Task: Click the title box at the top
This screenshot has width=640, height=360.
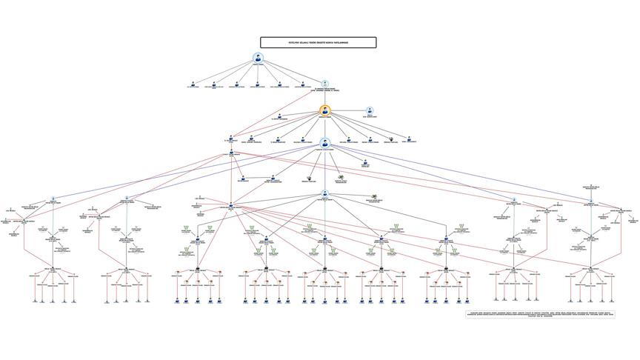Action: point(318,43)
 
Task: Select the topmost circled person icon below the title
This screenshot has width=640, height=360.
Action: point(258,59)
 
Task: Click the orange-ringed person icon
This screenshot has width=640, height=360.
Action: point(324,111)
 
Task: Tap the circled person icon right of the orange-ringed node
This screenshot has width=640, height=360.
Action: point(370,111)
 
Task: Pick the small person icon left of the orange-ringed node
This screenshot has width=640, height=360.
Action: point(279,115)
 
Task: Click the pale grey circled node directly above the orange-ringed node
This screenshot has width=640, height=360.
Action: point(324,84)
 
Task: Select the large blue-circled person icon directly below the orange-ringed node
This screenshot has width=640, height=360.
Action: point(324,142)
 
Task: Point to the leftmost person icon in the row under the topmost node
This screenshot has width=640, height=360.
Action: point(193,84)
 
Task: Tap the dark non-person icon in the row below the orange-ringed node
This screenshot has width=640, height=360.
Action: point(391,138)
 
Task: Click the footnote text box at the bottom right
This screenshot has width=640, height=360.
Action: point(539,315)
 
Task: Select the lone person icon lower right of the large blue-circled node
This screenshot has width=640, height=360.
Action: point(365,163)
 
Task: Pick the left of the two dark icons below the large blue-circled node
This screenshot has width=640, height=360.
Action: point(312,177)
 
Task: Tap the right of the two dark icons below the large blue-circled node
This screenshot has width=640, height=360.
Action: point(341,177)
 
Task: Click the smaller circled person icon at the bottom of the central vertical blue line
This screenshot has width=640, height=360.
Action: point(324,194)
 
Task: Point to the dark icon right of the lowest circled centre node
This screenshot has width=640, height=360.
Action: point(374,196)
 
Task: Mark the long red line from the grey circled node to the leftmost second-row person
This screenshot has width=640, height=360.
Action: point(278,111)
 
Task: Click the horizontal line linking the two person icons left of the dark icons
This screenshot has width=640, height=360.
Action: point(257,179)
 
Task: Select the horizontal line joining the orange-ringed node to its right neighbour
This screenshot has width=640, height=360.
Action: point(347,111)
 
